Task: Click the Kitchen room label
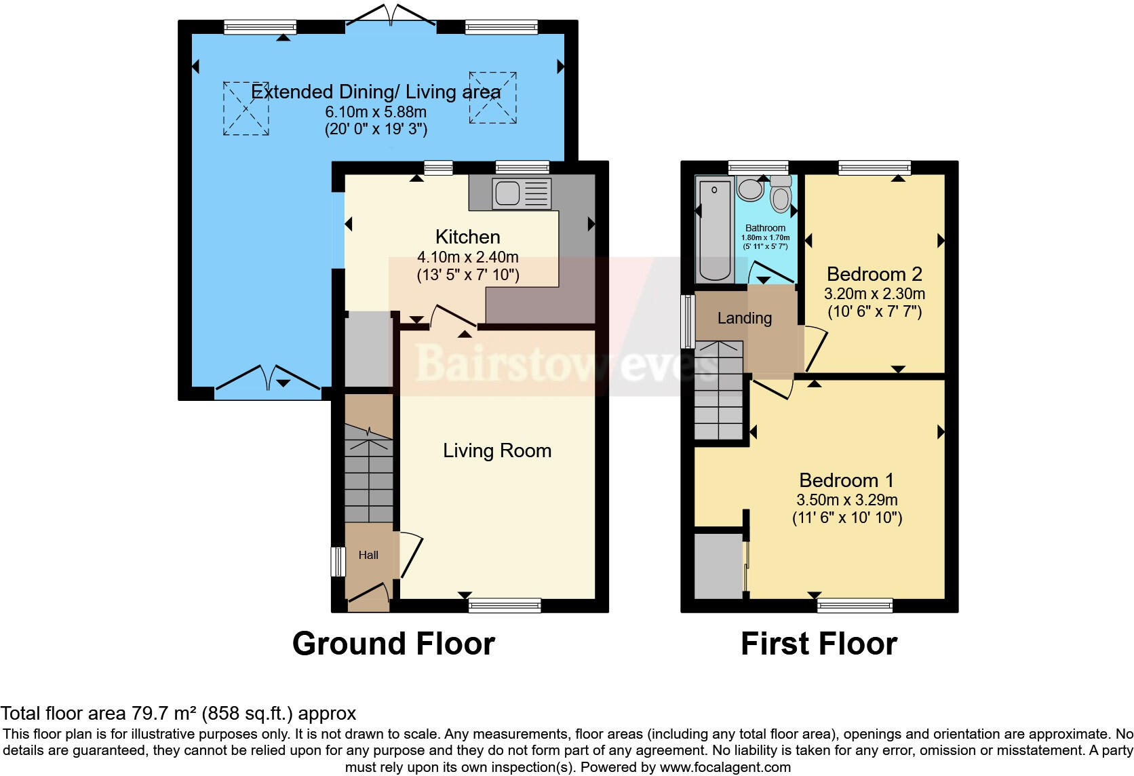(x=467, y=237)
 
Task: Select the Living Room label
(x=497, y=450)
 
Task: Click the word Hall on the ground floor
(x=368, y=555)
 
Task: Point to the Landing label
(x=745, y=318)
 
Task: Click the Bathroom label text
(x=765, y=228)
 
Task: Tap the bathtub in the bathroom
(x=714, y=231)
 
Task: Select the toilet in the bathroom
(x=781, y=194)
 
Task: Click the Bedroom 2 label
(x=874, y=274)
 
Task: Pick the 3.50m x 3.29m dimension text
(x=847, y=500)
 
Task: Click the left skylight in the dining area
(x=246, y=109)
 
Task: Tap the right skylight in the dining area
(x=493, y=98)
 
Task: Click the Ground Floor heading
(x=393, y=643)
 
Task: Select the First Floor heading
(x=819, y=643)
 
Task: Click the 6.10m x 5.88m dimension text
(x=376, y=112)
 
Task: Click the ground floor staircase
(x=369, y=475)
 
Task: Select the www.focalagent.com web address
(x=725, y=767)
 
